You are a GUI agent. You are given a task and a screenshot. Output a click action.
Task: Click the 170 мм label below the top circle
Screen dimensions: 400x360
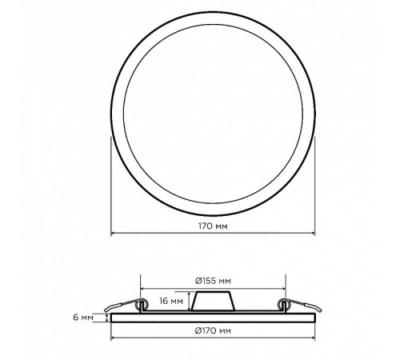coord(213,226)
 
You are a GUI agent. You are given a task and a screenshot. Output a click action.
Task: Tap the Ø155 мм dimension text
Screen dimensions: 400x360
coord(213,281)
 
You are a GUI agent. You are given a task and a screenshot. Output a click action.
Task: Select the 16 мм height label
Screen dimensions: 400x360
coord(171,301)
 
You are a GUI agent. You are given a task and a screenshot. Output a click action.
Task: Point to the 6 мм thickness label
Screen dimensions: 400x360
coord(83,318)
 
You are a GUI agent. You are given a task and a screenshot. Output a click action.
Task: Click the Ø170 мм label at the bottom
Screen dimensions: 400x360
coord(213,330)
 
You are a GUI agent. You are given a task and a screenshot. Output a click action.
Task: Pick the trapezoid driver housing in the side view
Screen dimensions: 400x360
coord(213,302)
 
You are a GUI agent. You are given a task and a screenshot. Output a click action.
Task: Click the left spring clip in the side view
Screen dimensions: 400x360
coord(126,306)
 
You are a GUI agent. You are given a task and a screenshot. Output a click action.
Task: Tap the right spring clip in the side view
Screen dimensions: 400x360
coord(299,306)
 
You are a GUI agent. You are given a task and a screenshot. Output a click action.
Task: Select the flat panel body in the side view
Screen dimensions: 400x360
coord(213,318)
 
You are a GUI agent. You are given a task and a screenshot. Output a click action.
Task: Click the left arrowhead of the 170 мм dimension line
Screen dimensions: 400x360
coord(113,233)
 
